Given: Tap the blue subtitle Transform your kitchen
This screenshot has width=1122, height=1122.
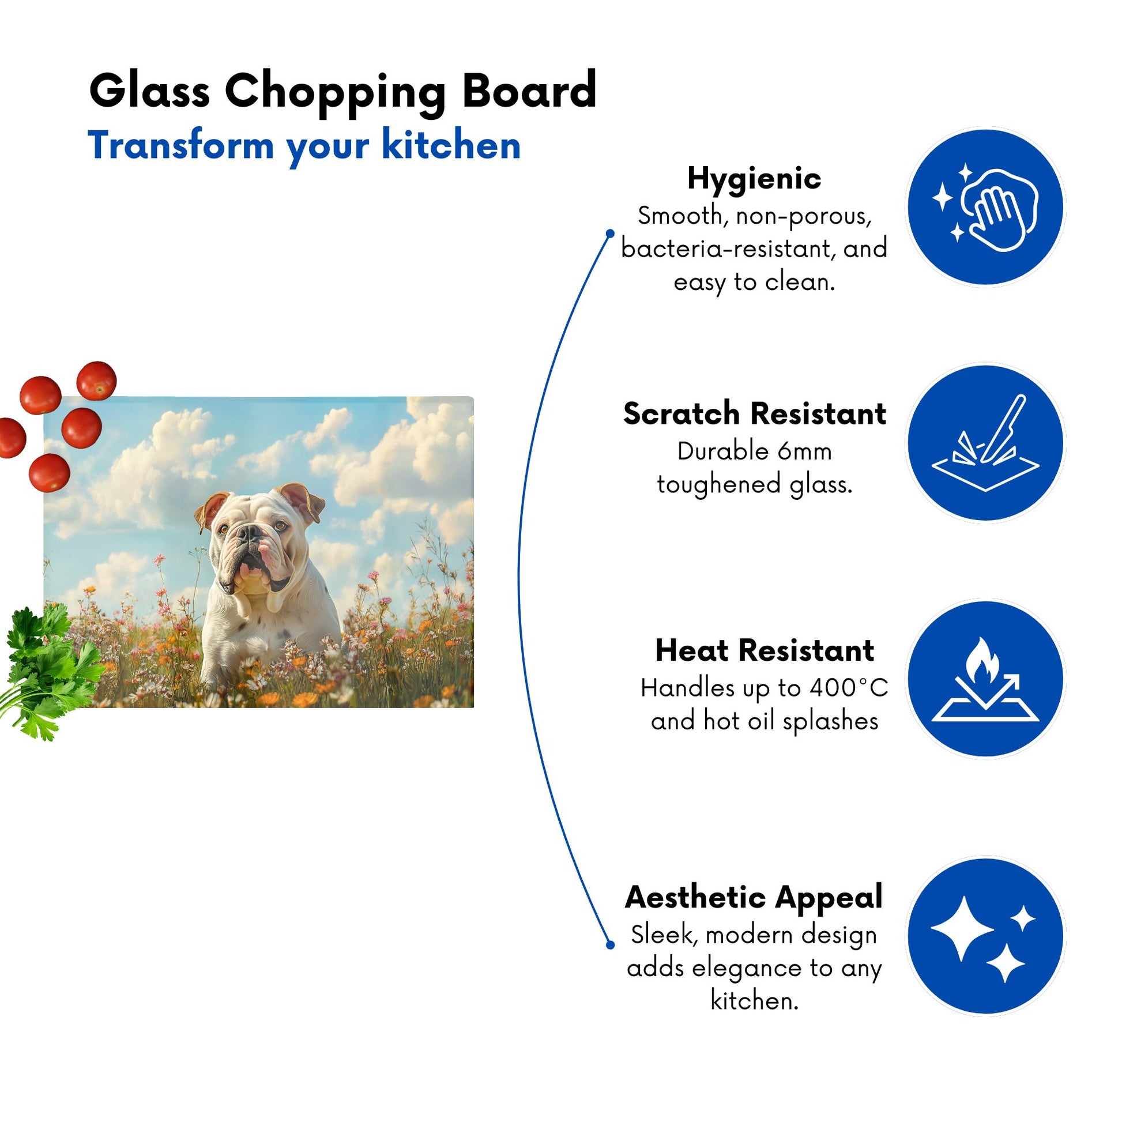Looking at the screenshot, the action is tap(304, 146).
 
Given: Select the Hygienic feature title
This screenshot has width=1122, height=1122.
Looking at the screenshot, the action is tap(754, 179).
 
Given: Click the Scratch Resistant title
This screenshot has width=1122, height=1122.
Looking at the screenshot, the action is tap(754, 413).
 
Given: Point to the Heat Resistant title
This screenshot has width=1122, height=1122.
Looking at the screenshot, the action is tap(765, 650).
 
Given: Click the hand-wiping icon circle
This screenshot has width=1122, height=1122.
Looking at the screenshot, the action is tap(985, 207).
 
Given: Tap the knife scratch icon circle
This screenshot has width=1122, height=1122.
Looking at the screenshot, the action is tap(985, 443).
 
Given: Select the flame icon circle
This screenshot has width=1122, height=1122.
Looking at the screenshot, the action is tap(985, 679).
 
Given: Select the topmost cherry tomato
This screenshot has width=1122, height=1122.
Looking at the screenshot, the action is tap(96, 381).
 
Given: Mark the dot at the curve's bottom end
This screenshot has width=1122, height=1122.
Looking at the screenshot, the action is tap(610, 945).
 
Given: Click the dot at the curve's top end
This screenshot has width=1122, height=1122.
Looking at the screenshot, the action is tap(610, 234).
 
